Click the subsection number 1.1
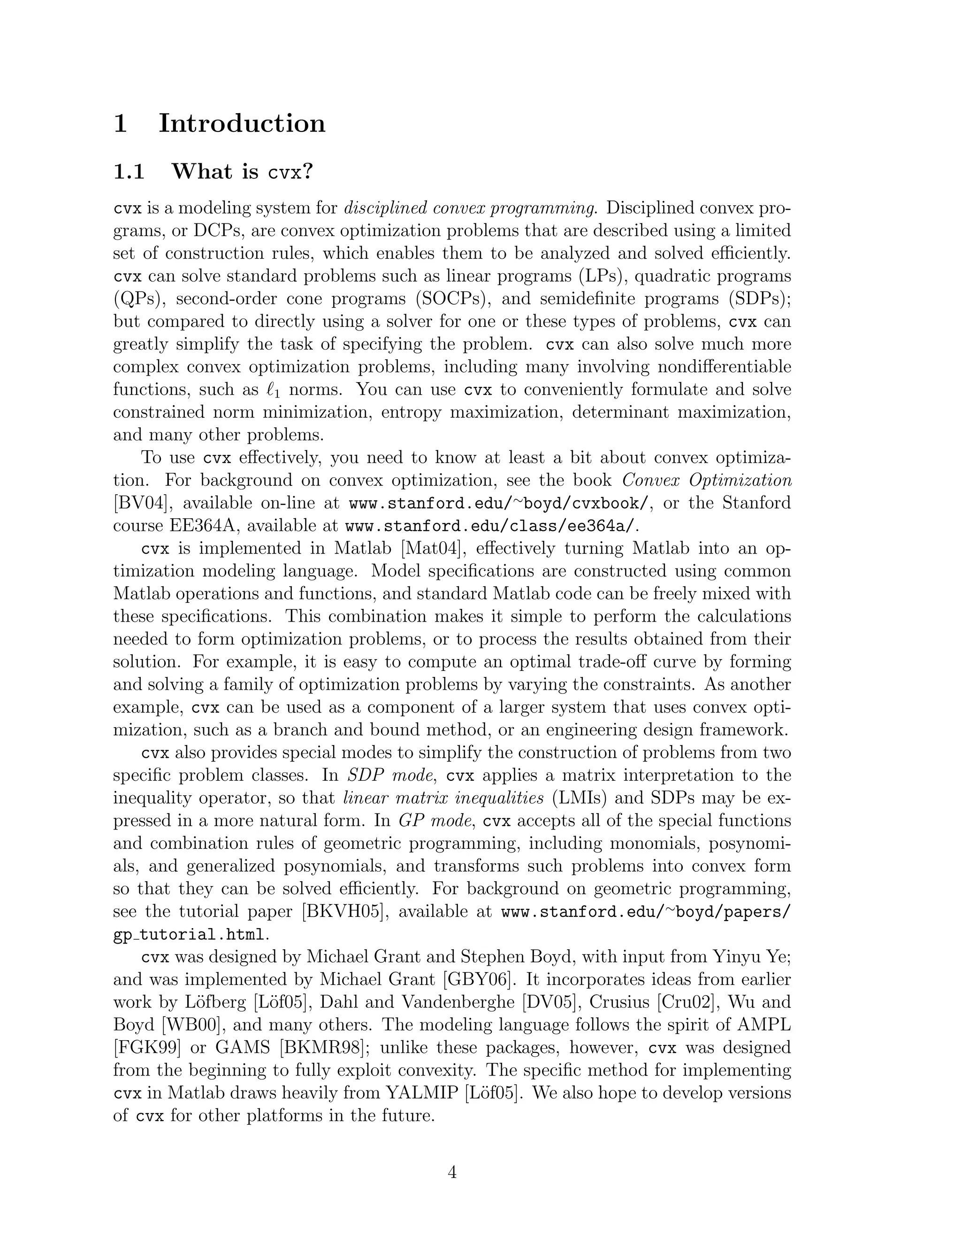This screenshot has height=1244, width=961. [129, 171]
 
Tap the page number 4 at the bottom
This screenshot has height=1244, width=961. [452, 1172]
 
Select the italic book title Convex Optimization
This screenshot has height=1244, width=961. [706, 480]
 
